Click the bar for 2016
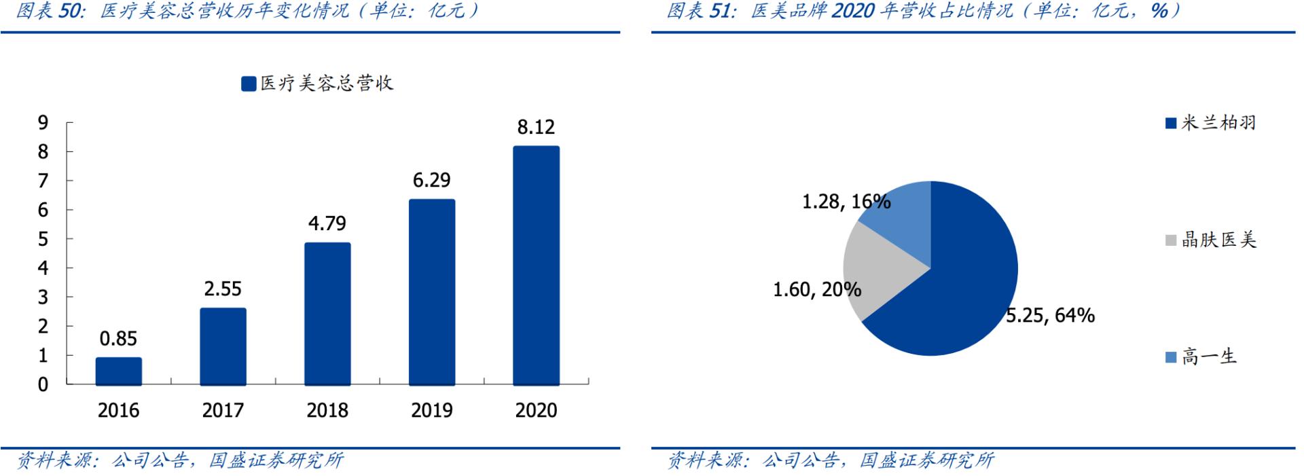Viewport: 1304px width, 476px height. (x=119, y=371)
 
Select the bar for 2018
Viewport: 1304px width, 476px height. (x=327, y=314)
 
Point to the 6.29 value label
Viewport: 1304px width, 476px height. (x=431, y=180)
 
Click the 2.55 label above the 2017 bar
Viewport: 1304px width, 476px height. (x=223, y=289)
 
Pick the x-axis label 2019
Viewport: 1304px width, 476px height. (x=431, y=410)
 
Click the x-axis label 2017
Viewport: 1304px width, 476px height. (x=223, y=410)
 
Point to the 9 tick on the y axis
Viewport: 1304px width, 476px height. (x=43, y=122)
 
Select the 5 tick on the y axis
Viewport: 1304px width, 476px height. (x=43, y=239)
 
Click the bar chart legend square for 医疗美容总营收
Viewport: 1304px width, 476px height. (x=249, y=84)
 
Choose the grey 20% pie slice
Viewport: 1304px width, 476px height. (x=876, y=272)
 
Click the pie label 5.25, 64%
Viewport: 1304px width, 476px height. (x=1050, y=315)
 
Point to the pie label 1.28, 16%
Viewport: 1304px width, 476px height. (x=846, y=202)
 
